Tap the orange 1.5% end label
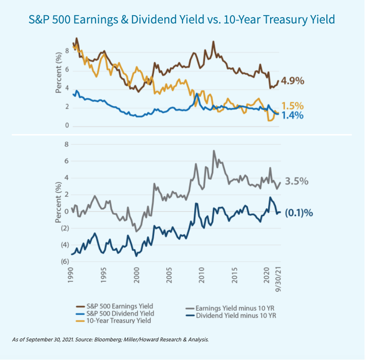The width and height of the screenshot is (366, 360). [x=293, y=106]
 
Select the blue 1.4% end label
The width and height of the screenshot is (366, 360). [x=293, y=115]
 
